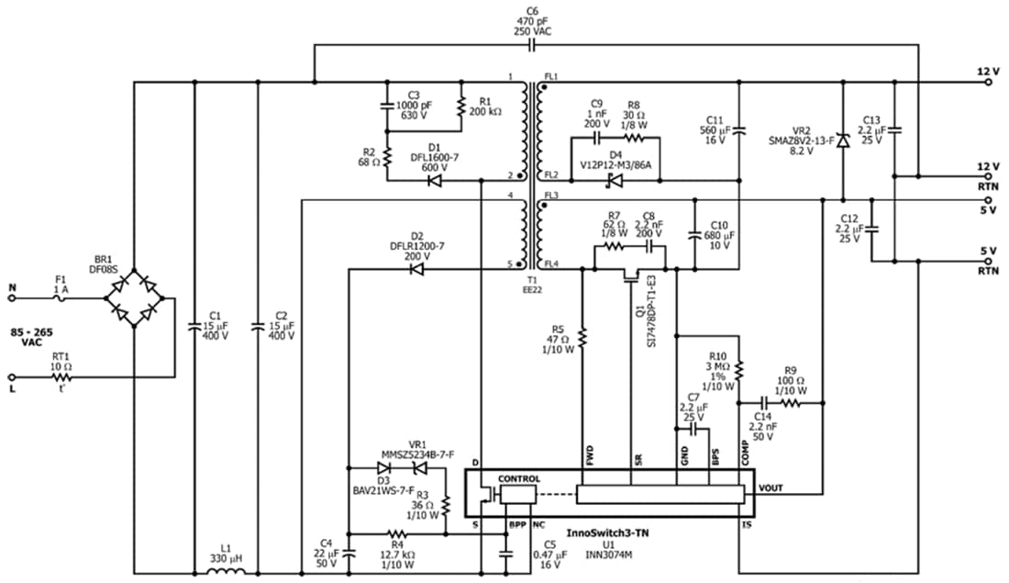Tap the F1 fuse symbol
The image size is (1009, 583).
[x=61, y=297]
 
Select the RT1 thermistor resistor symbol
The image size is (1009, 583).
[x=61, y=376]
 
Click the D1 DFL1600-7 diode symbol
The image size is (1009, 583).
[x=435, y=180]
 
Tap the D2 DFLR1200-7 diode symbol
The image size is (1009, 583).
[x=416, y=270]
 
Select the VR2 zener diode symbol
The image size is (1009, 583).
[x=842, y=140]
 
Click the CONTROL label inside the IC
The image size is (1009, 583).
[x=519, y=479]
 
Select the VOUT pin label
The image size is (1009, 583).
[x=772, y=488]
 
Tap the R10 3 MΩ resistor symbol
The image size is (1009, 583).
[x=739, y=370]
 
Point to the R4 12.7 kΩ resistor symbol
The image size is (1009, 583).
[x=397, y=533]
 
